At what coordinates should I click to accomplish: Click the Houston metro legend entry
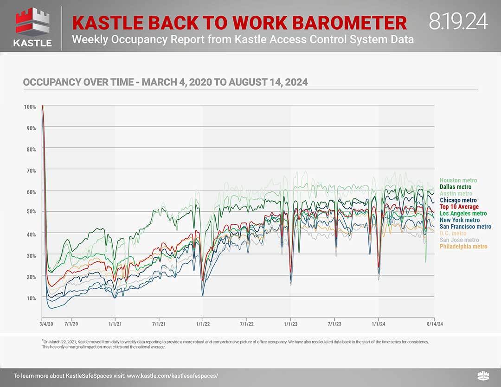tap(458, 180)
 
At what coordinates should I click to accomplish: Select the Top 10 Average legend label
tap(459, 207)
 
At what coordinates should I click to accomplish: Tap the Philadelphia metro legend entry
tap(463, 247)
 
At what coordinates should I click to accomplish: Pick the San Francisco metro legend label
tap(465, 227)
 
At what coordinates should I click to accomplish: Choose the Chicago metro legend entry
tap(458, 200)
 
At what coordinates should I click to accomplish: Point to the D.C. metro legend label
tap(453, 234)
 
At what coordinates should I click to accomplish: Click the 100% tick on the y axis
tap(30, 107)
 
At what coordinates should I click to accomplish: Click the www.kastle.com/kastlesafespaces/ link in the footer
tap(172, 376)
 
